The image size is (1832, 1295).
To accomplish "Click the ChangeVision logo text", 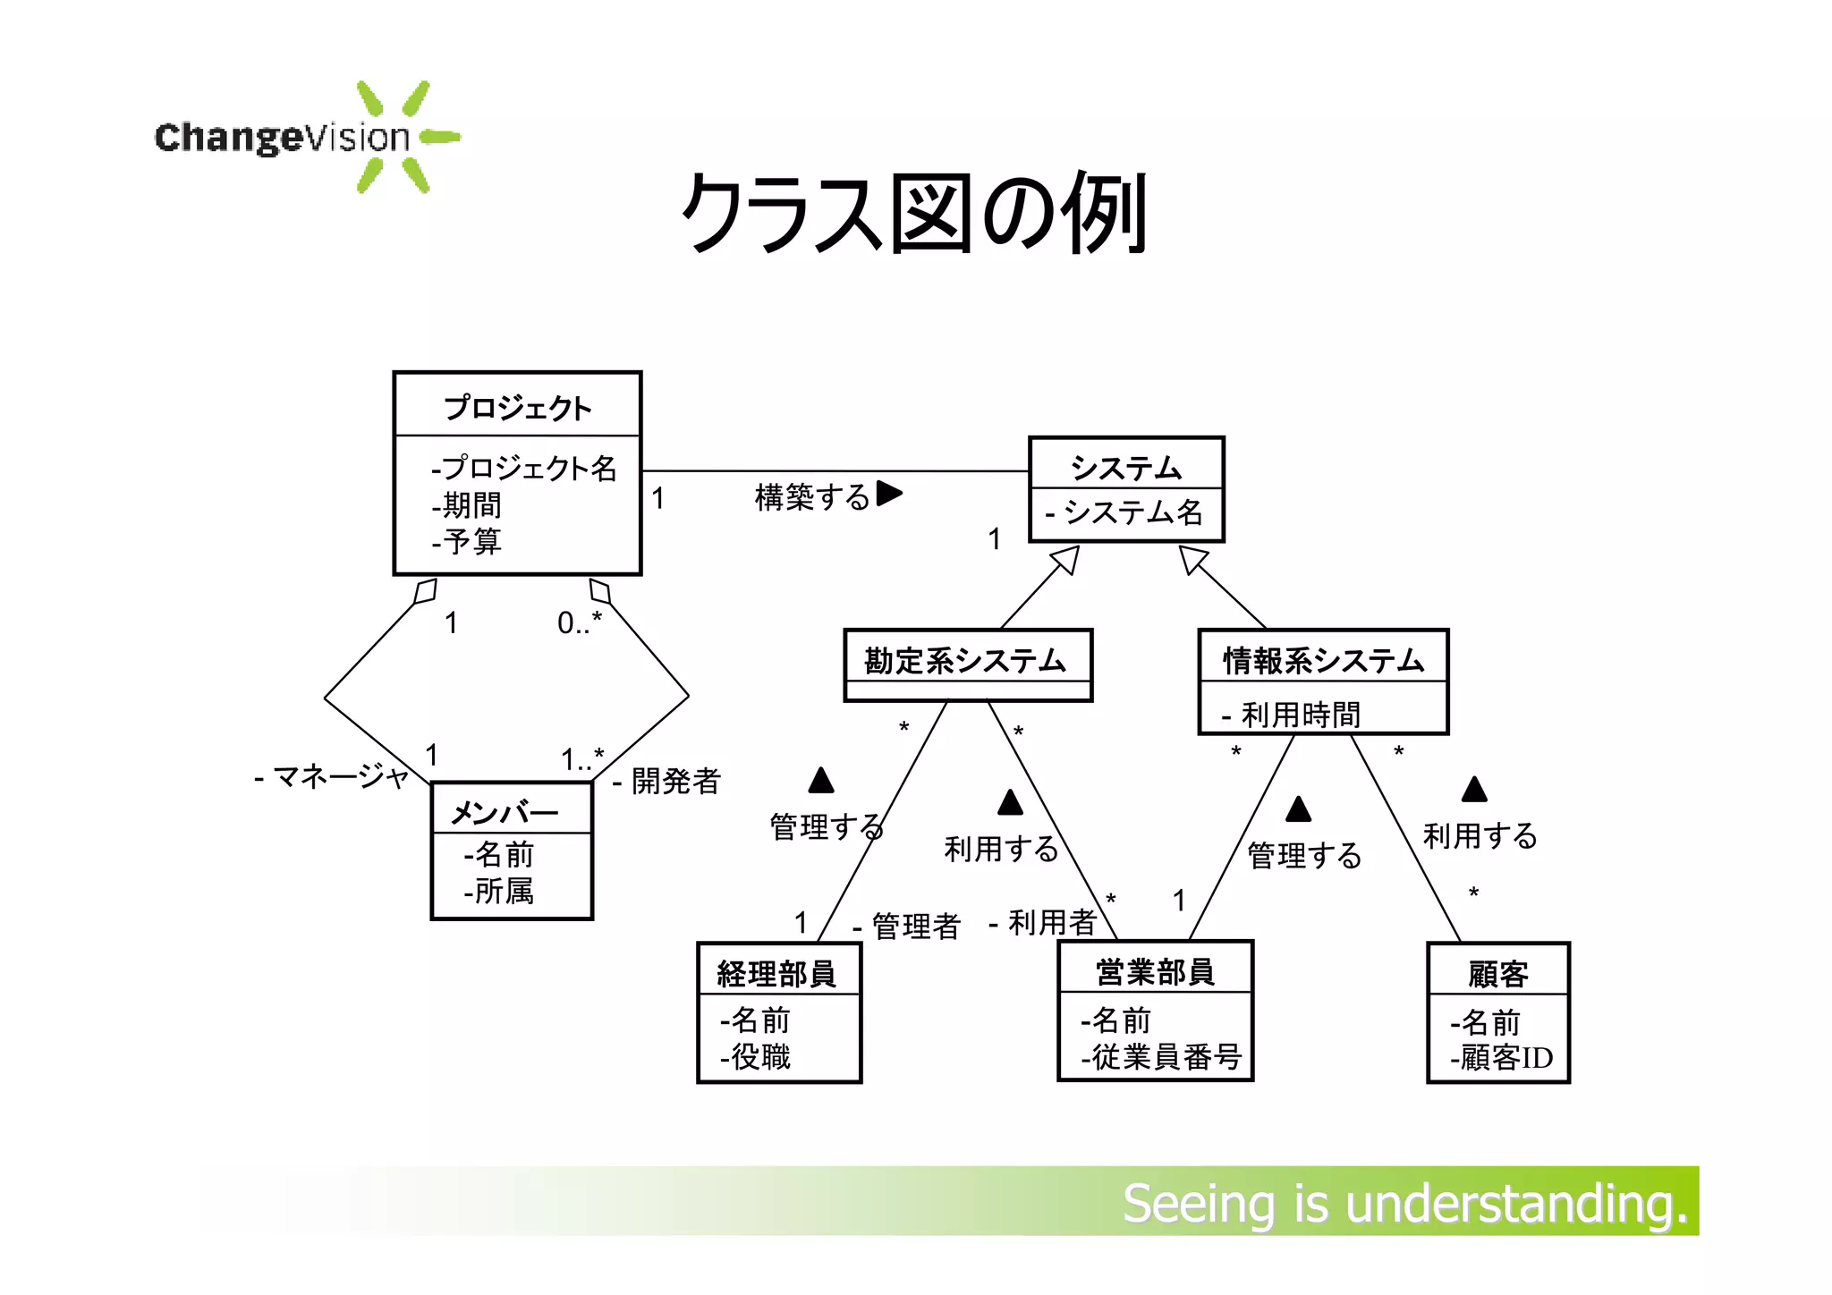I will click(x=282, y=138).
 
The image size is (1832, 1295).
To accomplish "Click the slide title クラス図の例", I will click(x=914, y=213).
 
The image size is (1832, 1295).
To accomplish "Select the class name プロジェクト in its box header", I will click(x=518, y=408).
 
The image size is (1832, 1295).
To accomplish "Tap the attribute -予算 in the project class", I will click(x=467, y=541).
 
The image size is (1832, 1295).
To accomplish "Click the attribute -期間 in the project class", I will click(x=467, y=505).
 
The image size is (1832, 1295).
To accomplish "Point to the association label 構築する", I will click(x=812, y=496).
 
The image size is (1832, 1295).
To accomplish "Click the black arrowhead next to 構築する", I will click(x=889, y=493).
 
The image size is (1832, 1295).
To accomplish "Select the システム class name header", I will click(x=1126, y=466).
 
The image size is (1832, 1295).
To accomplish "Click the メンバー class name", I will click(x=505, y=812).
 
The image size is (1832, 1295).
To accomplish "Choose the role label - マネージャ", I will click(x=332, y=776).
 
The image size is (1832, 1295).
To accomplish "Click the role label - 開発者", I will click(x=667, y=781).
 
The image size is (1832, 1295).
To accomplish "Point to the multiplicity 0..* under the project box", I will click(x=580, y=622).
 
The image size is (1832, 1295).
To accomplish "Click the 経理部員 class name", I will click(x=776, y=973).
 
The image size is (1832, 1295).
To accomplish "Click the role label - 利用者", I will click(x=1043, y=922).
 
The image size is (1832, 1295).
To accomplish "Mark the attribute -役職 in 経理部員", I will click(x=756, y=1057).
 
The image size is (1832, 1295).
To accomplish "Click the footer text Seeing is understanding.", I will click(x=1404, y=1204).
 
